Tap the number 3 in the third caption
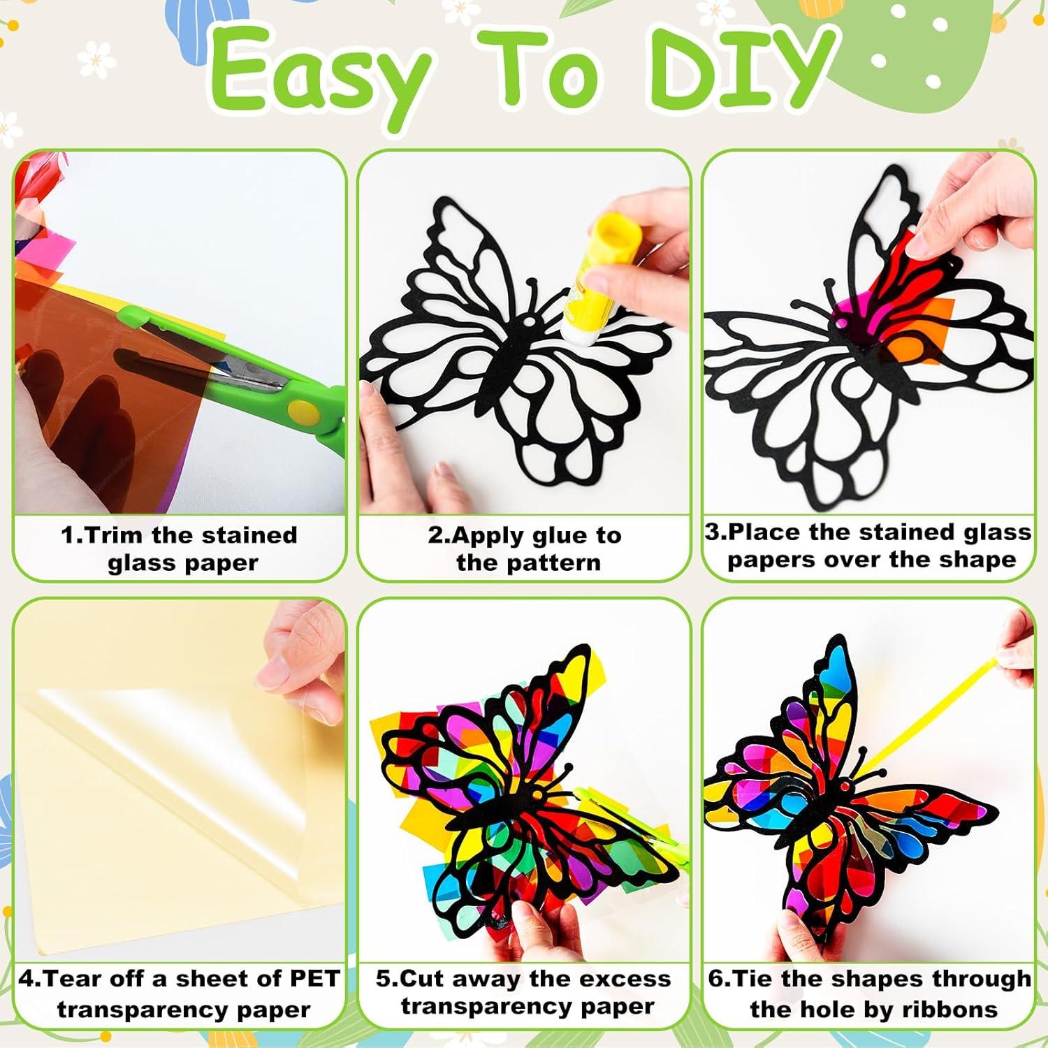pos(712,532)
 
